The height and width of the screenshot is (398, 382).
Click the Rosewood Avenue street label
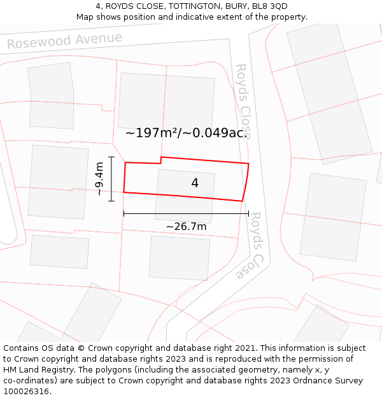pyautogui.click(x=64, y=41)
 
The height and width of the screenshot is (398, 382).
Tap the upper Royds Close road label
pyautogui.click(x=243, y=101)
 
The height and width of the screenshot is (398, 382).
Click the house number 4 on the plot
pyautogui.click(x=195, y=183)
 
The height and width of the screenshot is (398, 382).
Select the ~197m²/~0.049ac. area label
pyautogui.click(x=186, y=132)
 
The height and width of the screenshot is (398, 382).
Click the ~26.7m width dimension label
pyautogui.click(x=186, y=226)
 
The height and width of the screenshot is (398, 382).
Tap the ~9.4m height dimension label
pyautogui.click(x=99, y=179)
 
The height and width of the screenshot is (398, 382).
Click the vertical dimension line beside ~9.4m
pyautogui.click(x=111, y=179)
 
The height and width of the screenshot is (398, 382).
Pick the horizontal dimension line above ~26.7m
pyautogui.click(x=186, y=214)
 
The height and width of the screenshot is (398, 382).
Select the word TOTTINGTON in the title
pyautogui.click(x=186, y=6)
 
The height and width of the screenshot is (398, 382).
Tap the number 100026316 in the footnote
pyautogui.click(x=25, y=392)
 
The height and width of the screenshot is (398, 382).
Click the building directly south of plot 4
pyautogui.click(x=180, y=258)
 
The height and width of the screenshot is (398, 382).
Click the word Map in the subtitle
pyautogui.click(x=86, y=17)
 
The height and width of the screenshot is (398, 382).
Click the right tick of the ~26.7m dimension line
pyautogui.click(x=248, y=214)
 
